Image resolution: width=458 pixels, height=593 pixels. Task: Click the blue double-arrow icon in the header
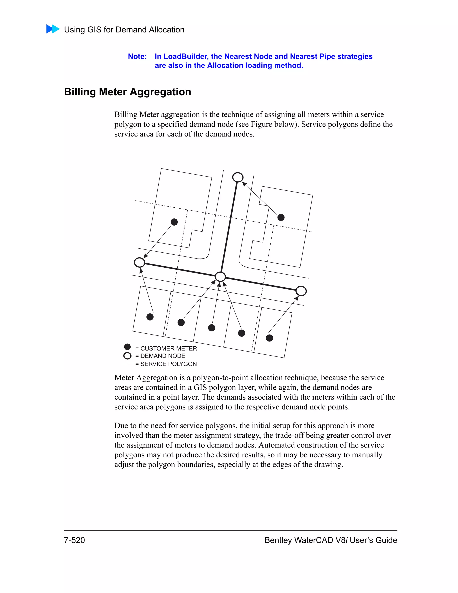[x=53, y=29]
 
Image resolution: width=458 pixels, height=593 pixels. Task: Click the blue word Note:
[x=137, y=56]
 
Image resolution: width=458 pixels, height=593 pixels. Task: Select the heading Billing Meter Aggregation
[x=127, y=92]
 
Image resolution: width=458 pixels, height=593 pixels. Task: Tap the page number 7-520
[x=74, y=540]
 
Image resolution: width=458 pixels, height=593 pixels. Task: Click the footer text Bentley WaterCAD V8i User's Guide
[x=331, y=540]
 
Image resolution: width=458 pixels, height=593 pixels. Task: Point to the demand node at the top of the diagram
[x=238, y=177]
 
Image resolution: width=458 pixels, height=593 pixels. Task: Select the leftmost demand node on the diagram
[x=140, y=262]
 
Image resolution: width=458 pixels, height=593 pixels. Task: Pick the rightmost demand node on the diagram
[x=301, y=291]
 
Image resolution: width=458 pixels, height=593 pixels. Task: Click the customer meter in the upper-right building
[x=281, y=217]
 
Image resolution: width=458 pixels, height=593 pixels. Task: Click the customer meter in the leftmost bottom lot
[x=150, y=317]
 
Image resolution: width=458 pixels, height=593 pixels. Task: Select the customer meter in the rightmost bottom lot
[x=269, y=338]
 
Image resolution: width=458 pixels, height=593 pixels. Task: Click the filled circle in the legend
[x=127, y=347]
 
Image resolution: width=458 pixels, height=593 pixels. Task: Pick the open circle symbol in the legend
[x=127, y=356]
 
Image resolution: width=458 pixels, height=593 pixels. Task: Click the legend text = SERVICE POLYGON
[x=166, y=364]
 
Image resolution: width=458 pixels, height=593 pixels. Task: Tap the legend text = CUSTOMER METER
[x=166, y=348]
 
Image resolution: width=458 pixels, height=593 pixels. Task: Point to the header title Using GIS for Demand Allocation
[x=124, y=30]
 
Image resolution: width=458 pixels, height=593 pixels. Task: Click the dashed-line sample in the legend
[x=127, y=364]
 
